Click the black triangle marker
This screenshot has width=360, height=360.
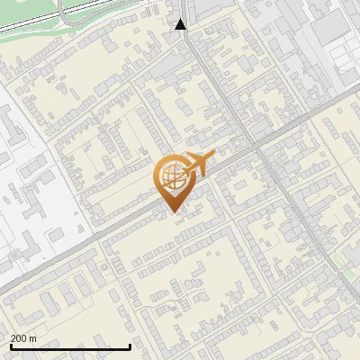pyautogui.click(x=181, y=24)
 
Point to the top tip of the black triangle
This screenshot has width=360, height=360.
pyautogui.click(x=181, y=19)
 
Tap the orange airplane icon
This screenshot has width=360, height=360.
pyautogui.click(x=197, y=165)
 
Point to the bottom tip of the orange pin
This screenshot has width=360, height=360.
pyautogui.click(x=172, y=212)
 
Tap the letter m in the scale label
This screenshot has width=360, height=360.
pyautogui.click(x=33, y=338)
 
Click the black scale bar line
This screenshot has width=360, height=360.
pyautogui.click(x=70, y=346)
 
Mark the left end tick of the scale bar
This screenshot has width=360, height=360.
pyautogui.click(x=11, y=345)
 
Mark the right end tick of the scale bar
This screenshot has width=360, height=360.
pyautogui.click(x=130, y=345)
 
